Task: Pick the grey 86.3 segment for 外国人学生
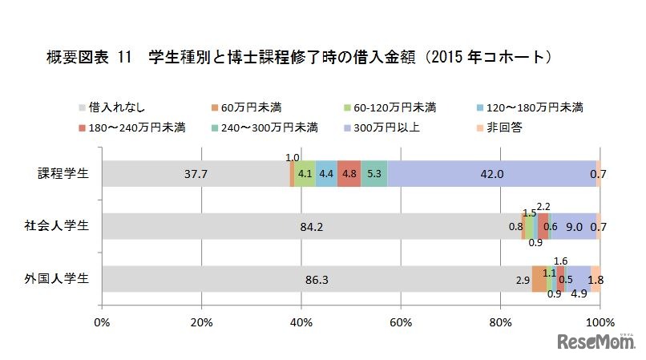(x=317, y=280)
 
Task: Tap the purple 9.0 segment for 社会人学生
(x=574, y=227)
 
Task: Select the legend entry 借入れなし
(x=111, y=107)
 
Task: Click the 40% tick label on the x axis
(x=301, y=322)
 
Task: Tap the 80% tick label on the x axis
(x=500, y=322)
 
